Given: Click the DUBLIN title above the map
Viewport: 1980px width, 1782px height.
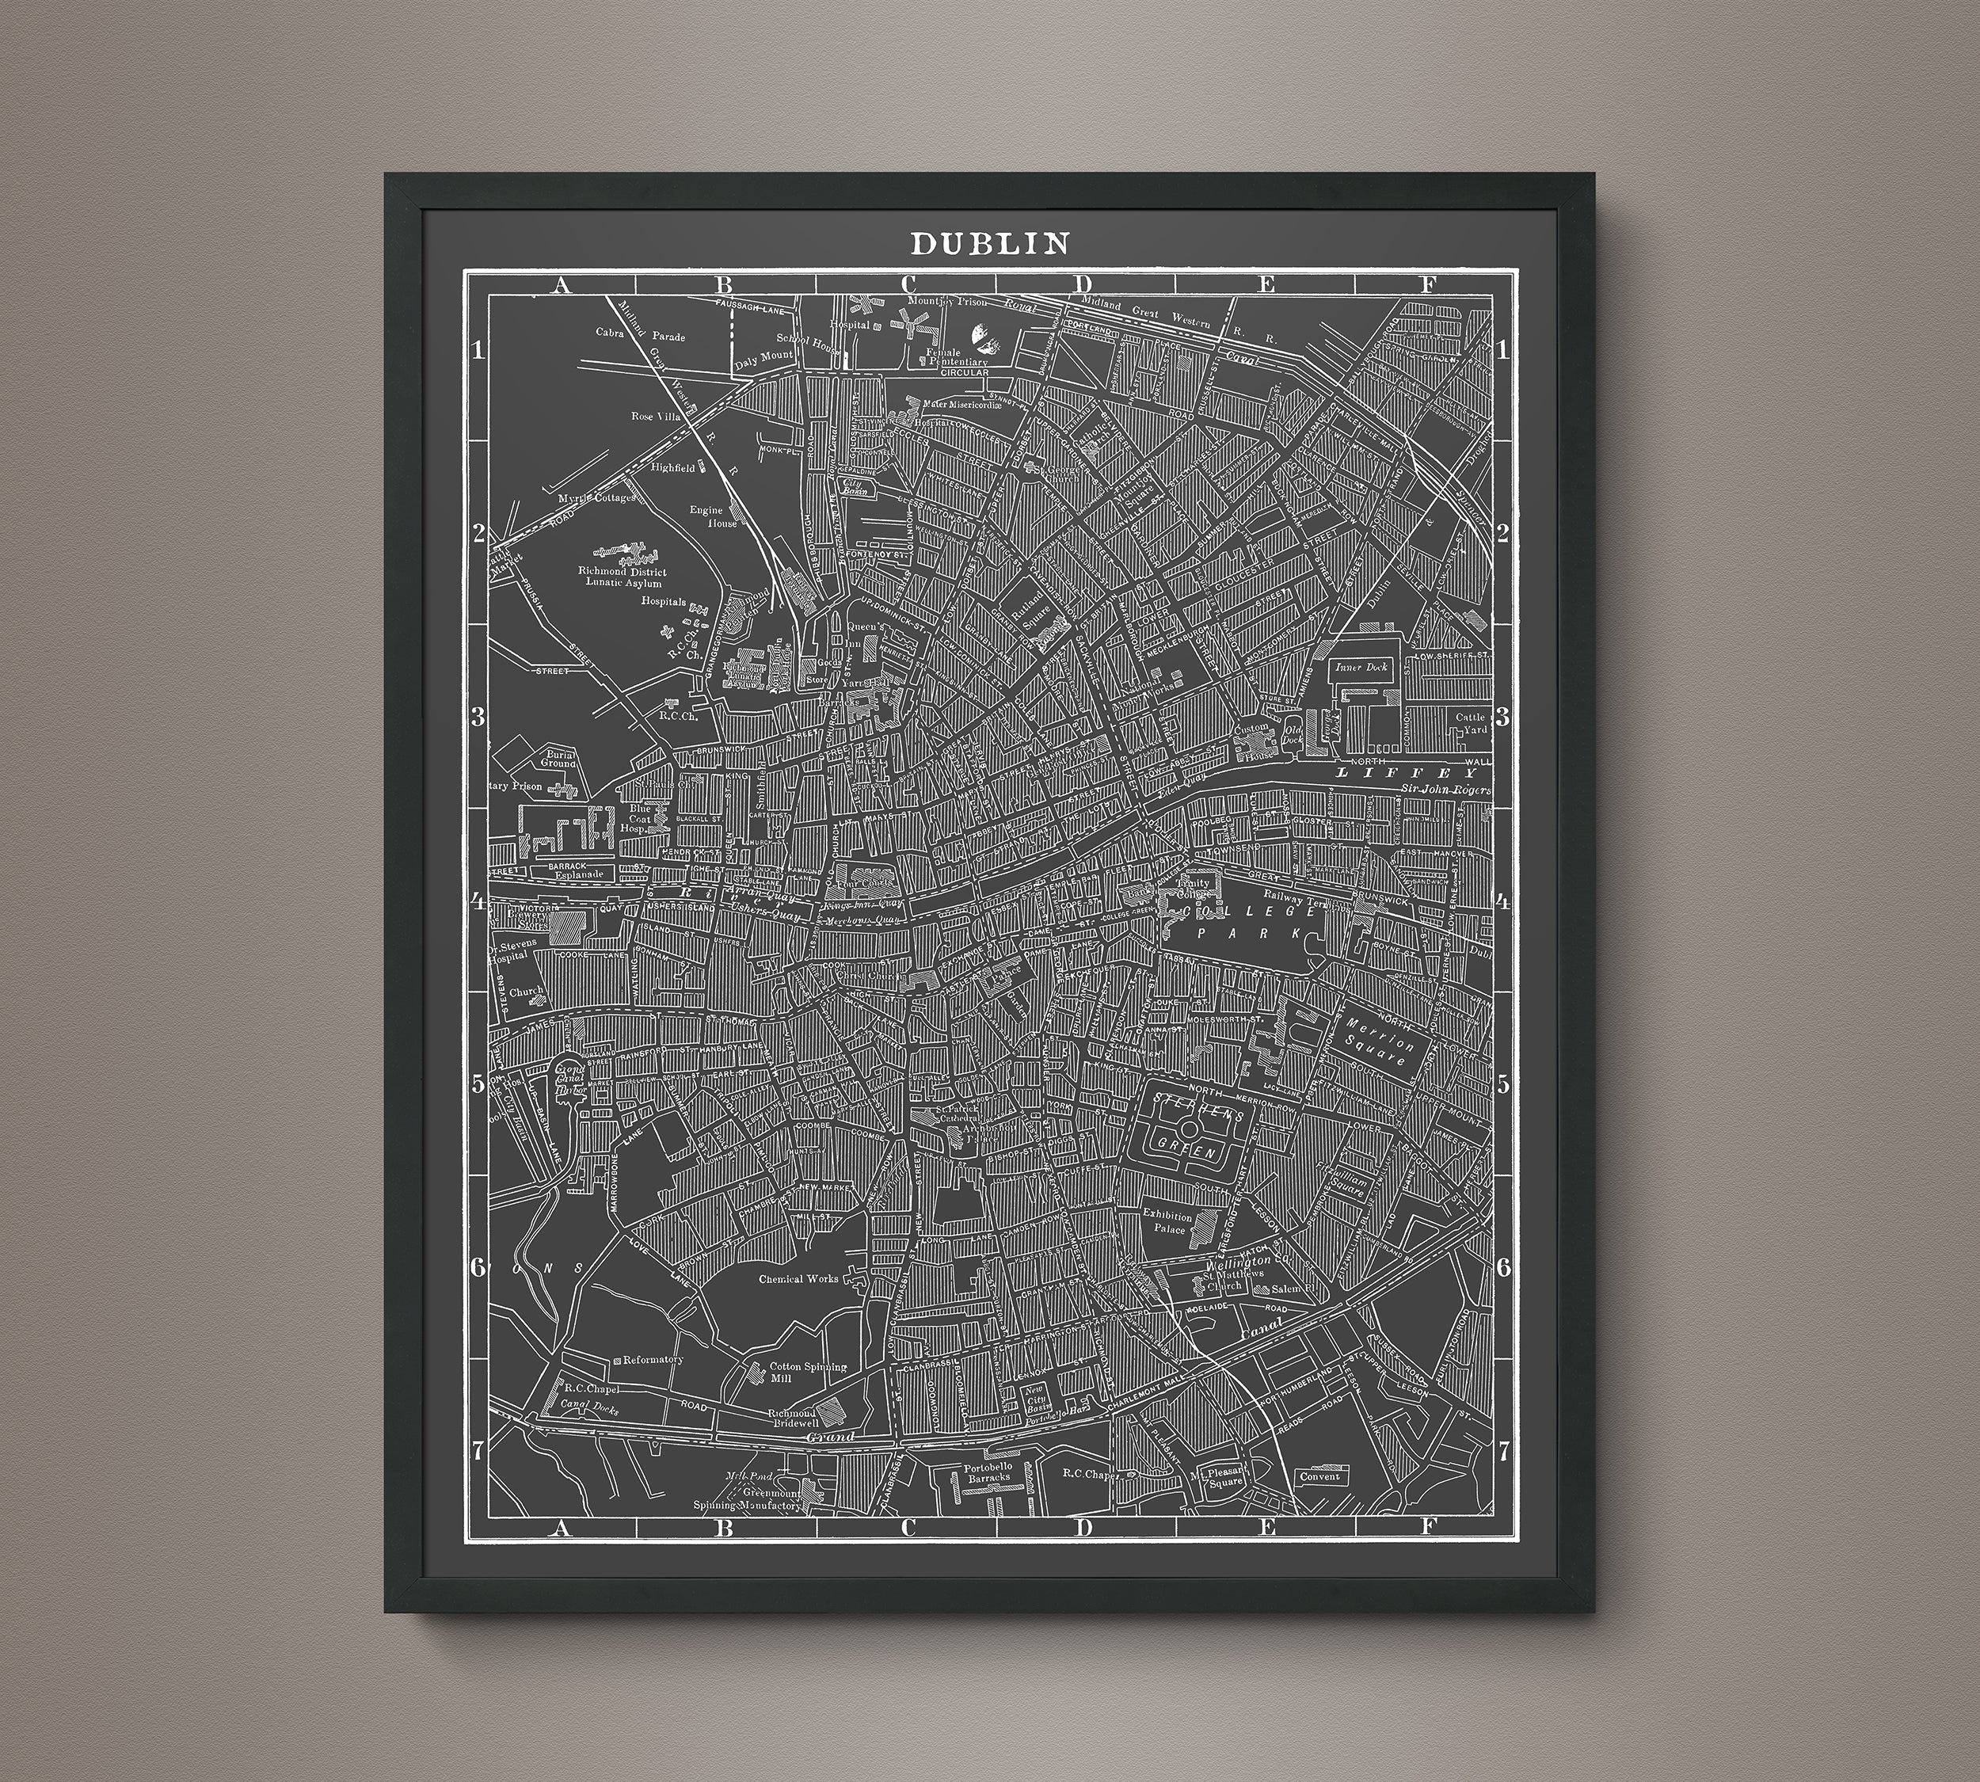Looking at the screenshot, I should tap(990, 243).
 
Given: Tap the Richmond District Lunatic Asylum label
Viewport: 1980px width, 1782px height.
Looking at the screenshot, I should tap(622, 577).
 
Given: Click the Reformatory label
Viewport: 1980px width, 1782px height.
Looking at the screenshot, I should tap(652, 1360).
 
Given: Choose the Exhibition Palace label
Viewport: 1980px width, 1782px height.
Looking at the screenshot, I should tap(1168, 1222).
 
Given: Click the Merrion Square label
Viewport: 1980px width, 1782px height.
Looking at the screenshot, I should tap(1380, 1041).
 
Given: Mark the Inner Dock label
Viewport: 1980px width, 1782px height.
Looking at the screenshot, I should tap(1356, 667).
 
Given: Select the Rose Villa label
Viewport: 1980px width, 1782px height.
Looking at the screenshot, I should tap(655, 416).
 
